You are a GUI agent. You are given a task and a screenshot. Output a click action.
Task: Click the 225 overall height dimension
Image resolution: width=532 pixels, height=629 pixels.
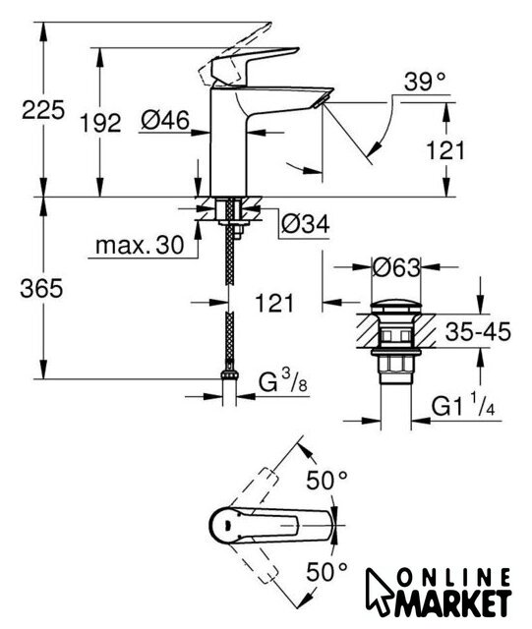click(x=43, y=110)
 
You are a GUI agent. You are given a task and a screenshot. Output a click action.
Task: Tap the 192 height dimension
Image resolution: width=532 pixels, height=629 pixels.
click(x=100, y=123)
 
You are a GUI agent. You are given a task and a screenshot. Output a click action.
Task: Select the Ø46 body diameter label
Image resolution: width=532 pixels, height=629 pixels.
click(x=165, y=120)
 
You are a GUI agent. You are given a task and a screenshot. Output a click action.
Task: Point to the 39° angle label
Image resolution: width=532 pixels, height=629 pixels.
click(x=425, y=82)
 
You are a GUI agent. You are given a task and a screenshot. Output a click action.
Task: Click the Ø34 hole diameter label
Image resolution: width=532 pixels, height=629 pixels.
click(x=306, y=223)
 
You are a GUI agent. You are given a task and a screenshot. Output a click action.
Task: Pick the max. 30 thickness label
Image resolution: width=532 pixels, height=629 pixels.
click(x=140, y=245)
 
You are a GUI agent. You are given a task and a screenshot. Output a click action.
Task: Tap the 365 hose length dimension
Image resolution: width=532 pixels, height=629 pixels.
click(x=41, y=288)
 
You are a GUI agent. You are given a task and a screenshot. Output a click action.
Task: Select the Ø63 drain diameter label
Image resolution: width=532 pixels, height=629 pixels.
click(x=396, y=267)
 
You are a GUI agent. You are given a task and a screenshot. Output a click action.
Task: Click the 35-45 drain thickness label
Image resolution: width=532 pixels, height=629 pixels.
click(x=478, y=332)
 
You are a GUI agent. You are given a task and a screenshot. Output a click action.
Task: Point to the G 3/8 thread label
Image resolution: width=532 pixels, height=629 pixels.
click(x=282, y=381)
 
